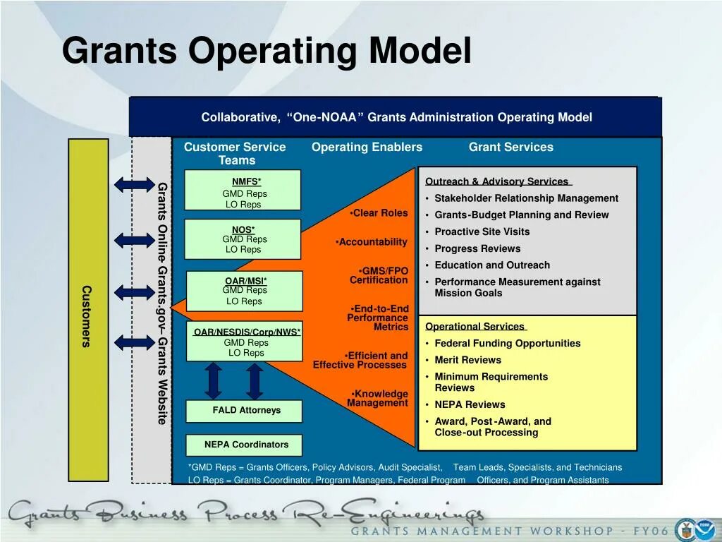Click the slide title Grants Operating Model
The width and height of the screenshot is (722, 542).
(267, 51)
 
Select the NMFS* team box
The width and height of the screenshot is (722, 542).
(243, 190)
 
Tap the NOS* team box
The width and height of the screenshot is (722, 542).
(243, 239)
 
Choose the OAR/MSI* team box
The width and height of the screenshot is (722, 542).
(244, 291)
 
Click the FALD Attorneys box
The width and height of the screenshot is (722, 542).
(244, 411)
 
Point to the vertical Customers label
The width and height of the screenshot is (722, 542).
(87, 315)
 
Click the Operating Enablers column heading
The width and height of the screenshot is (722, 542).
(367, 147)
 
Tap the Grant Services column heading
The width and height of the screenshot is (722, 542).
(510, 147)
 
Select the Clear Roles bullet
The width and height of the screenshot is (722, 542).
(379, 213)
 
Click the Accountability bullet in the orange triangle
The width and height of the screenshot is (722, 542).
(372, 242)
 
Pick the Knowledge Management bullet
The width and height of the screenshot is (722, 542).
(379, 399)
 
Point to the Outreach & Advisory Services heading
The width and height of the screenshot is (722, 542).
(498, 182)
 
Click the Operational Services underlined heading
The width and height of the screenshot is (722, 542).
(475, 327)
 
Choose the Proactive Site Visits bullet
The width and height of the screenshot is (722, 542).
(482, 232)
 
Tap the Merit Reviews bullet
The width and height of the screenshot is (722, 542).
(467, 360)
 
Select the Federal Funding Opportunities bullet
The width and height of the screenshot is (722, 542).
(507, 344)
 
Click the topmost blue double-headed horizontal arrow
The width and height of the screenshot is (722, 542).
(135, 185)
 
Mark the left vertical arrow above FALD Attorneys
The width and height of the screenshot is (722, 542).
(214, 380)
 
